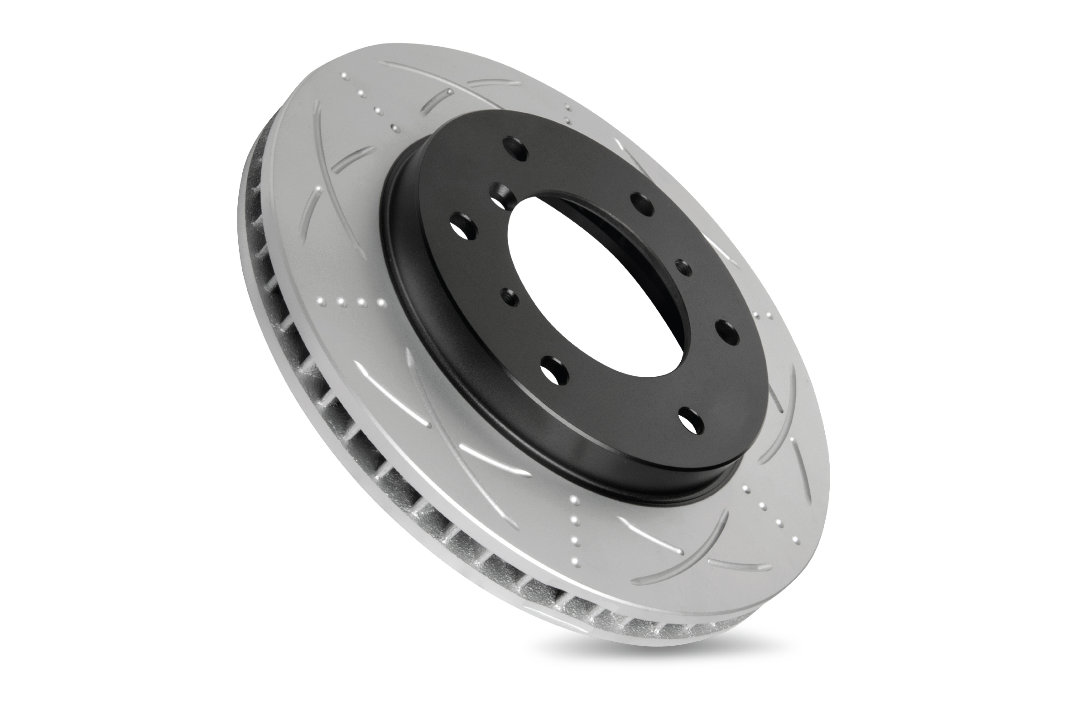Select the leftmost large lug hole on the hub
pos(462,227)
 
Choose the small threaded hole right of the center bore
pos(683,267)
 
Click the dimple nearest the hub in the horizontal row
pos(381,303)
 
